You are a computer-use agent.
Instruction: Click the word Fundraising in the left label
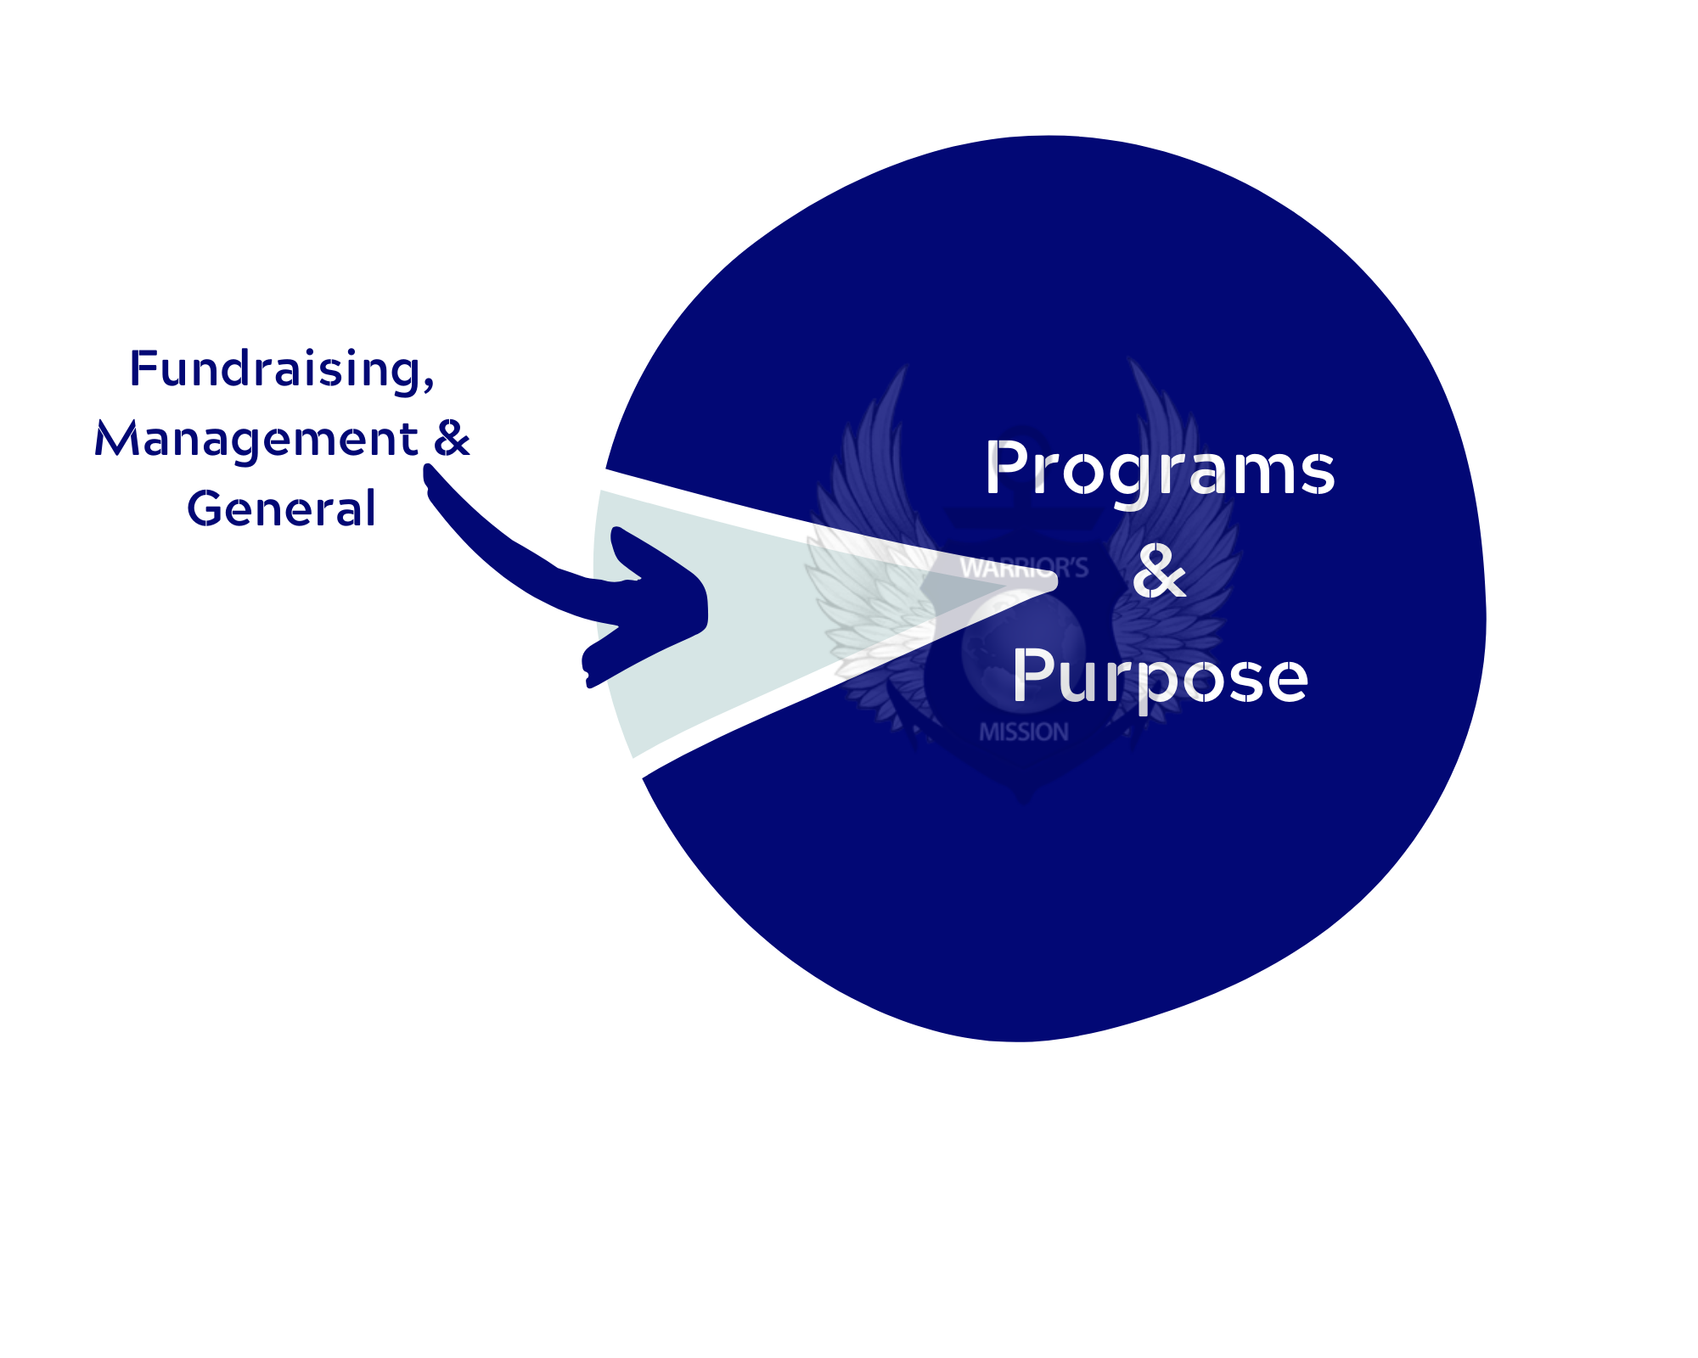point(276,370)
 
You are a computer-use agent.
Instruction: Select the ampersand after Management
point(452,438)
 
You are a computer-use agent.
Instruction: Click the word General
point(281,509)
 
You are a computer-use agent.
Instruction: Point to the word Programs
point(1160,469)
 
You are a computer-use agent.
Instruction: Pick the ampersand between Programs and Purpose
point(1159,571)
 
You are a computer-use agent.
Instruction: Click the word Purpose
point(1160,677)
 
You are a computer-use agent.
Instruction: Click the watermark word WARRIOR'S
point(1024,568)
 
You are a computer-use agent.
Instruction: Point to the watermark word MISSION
point(1024,732)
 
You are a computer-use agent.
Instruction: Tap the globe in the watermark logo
point(1023,645)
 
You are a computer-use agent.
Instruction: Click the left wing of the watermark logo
point(866,543)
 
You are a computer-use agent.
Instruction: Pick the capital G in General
point(204,508)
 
